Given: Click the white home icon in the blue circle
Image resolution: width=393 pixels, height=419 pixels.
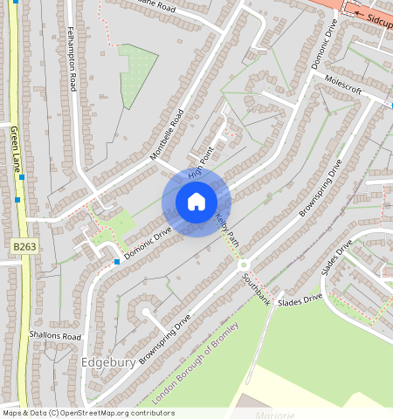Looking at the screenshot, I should click(x=196, y=202).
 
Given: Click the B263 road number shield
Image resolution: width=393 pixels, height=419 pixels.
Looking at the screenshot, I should click(x=24, y=248).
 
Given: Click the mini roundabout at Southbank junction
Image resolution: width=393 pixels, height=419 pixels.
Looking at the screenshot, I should click(x=244, y=264).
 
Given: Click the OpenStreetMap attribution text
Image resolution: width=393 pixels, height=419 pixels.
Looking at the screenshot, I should click(x=87, y=413).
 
